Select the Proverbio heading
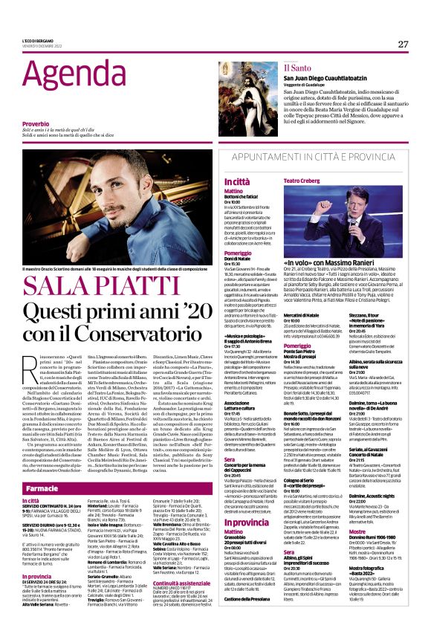39,123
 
